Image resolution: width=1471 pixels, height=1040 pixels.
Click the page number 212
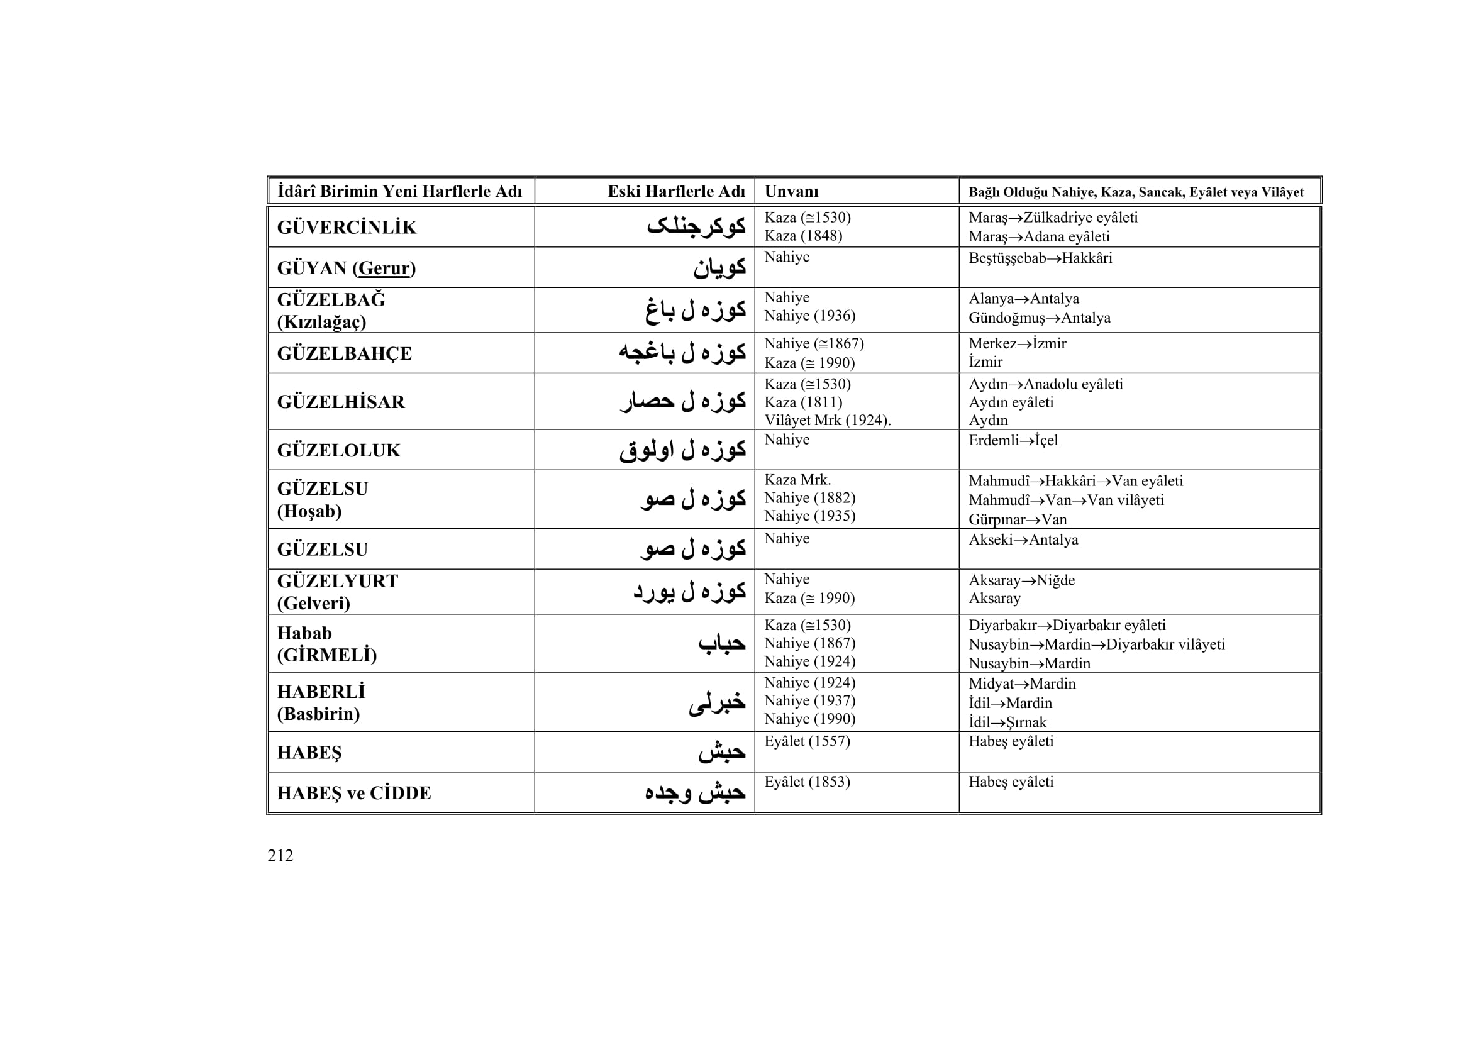(280, 856)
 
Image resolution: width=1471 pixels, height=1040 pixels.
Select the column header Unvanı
(791, 192)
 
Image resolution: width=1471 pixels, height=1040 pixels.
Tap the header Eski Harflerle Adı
(676, 192)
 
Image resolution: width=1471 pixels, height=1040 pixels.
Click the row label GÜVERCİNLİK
(347, 228)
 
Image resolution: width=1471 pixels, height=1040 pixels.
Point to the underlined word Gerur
(384, 268)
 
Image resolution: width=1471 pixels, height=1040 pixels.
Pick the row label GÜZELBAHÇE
(344, 353)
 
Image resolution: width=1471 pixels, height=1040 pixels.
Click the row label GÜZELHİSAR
(341, 402)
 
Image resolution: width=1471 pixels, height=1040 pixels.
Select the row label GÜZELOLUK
(338, 451)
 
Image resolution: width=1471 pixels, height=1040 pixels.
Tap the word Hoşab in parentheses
(309, 511)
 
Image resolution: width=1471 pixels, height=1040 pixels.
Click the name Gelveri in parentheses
(314, 603)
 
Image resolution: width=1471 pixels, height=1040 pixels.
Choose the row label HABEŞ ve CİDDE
(353, 794)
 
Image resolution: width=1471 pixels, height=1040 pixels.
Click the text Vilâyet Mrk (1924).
(827, 421)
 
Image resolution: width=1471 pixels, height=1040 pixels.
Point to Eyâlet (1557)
(807, 741)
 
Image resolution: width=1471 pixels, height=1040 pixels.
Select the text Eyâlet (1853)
(807, 782)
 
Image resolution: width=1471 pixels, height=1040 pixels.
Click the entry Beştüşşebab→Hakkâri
(1040, 258)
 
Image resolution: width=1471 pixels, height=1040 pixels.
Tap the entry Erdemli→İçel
(1013, 441)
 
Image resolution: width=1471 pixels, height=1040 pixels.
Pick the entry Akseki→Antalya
(1023, 540)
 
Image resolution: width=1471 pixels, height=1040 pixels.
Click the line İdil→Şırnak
(1007, 722)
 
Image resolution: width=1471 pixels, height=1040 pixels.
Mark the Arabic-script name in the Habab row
(721, 643)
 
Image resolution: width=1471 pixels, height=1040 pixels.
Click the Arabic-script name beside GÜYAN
(719, 268)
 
